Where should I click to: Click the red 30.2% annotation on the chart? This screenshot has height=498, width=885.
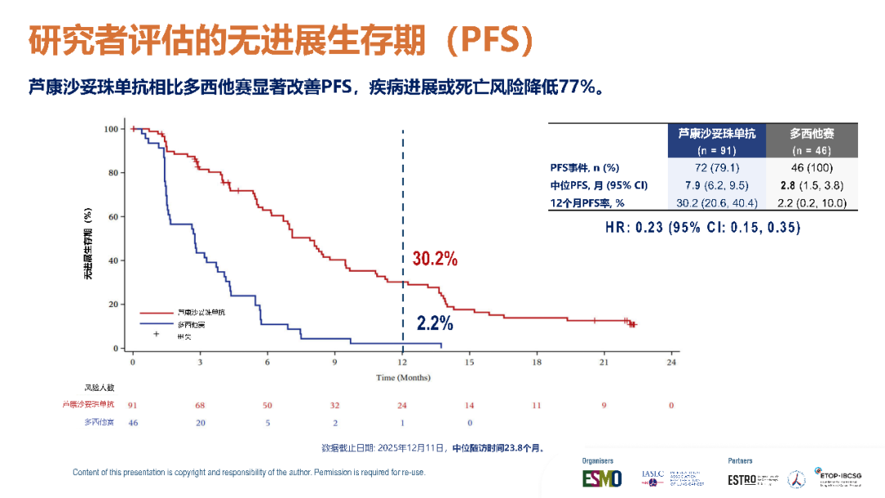pyautogui.click(x=434, y=259)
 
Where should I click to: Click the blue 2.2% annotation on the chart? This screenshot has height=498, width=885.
pyautogui.click(x=434, y=324)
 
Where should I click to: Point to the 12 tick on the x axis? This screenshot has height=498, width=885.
pyautogui.click(x=402, y=361)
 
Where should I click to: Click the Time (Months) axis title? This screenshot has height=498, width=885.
pyautogui.click(x=402, y=378)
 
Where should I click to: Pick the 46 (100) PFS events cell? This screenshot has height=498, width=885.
pyautogui.click(x=811, y=167)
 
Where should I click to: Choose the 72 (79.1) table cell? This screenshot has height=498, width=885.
pyautogui.click(x=717, y=167)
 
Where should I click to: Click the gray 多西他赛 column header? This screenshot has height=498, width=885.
pyautogui.click(x=811, y=134)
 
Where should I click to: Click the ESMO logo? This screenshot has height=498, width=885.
pyautogui.click(x=602, y=478)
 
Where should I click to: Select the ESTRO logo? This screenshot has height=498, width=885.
pyautogui.click(x=742, y=479)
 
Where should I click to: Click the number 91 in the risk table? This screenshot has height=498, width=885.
pyautogui.click(x=133, y=405)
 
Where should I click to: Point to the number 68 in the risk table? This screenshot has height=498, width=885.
pyautogui.click(x=200, y=405)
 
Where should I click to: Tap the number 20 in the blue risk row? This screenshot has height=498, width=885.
pyautogui.click(x=200, y=423)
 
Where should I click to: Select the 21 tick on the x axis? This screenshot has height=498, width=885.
pyautogui.click(x=603, y=361)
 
